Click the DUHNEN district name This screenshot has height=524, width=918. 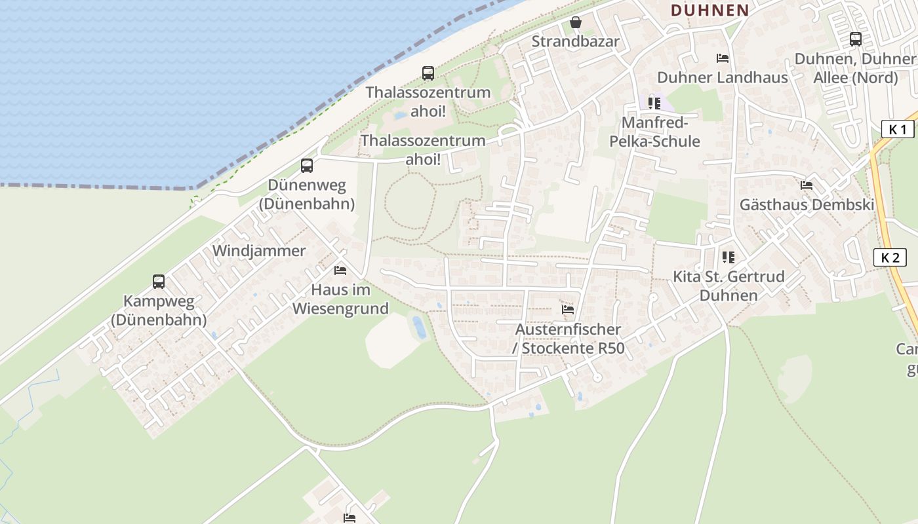[x=709, y=10]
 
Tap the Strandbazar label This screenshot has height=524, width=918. [x=575, y=41]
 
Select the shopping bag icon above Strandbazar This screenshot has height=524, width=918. [x=576, y=23]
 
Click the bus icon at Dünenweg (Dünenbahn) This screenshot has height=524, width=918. [x=307, y=166]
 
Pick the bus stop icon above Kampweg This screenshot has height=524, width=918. [x=159, y=282]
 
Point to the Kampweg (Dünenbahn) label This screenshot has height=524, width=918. [x=159, y=311]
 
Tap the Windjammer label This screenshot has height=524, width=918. [x=259, y=251]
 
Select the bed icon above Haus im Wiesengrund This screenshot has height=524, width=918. [x=340, y=270]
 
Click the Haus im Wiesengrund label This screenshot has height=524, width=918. [x=340, y=299]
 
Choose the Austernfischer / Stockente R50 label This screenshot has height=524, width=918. [x=569, y=339]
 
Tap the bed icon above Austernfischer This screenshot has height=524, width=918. [x=568, y=309]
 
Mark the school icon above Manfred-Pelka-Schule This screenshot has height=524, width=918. [x=654, y=103]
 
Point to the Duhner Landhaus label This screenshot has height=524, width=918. [x=722, y=77]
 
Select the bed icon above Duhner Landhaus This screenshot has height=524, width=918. [x=723, y=58]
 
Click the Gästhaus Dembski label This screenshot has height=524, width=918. [x=807, y=205]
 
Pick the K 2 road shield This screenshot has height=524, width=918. [x=890, y=257]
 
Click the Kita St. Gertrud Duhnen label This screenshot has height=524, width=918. [x=728, y=286]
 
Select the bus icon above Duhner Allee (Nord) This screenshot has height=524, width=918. [x=856, y=39]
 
